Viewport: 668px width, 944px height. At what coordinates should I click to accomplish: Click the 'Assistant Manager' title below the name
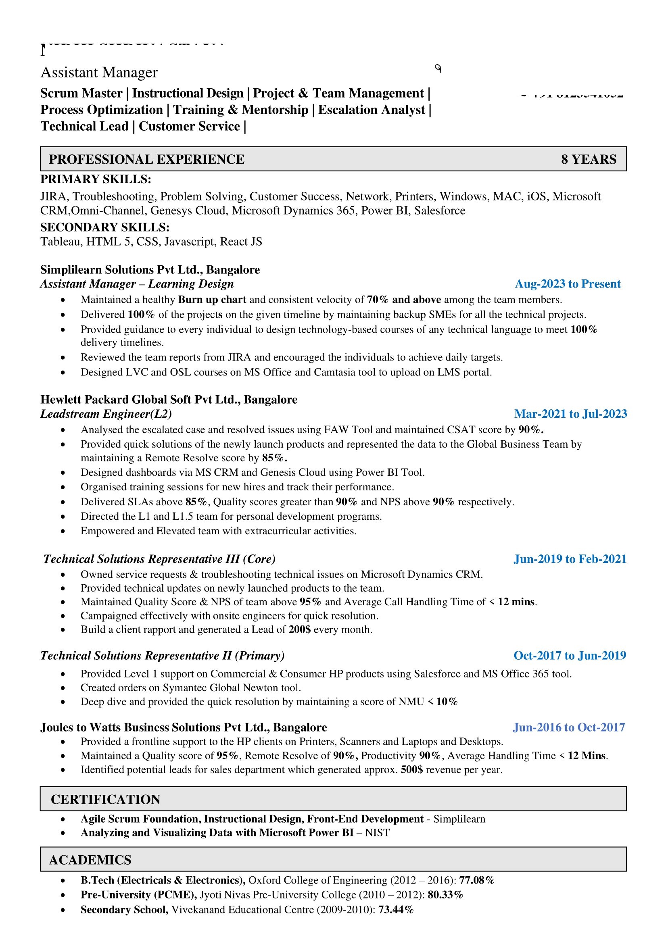tap(99, 72)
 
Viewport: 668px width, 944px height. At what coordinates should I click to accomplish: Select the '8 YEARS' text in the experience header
tap(588, 159)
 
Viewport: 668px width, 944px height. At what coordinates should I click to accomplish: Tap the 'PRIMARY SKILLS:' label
tap(96, 179)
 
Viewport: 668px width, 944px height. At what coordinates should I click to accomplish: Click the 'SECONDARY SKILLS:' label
tap(104, 227)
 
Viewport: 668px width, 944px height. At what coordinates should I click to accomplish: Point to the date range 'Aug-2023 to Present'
tap(567, 284)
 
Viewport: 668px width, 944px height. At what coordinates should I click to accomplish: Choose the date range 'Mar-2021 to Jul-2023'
tap(570, 414)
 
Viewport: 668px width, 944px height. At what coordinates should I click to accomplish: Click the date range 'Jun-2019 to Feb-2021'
tap(570, 559)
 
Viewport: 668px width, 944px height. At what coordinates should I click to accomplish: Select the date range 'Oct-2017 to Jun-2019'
tap(570, 655)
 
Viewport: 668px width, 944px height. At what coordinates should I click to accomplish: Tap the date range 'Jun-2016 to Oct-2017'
tap(568, 727)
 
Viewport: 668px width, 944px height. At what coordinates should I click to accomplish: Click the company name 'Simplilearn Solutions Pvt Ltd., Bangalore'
tap(150, 270)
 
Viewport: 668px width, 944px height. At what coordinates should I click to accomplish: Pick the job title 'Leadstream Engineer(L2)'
tap(106, 414)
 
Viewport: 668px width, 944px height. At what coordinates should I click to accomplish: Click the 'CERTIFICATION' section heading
tap(105, 799)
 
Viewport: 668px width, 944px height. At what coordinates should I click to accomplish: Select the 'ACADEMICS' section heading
tap(90, 860)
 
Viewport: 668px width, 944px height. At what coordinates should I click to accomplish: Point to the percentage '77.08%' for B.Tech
tap(476, 880)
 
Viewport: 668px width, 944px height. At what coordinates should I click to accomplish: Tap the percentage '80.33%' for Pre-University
tap(445, 895)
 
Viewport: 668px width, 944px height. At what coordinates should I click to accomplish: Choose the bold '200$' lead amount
tap(299, 629)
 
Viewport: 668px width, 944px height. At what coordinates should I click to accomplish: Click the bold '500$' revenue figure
tap(411, 769)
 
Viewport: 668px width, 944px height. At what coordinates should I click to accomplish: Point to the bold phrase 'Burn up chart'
tap(212, 300)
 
